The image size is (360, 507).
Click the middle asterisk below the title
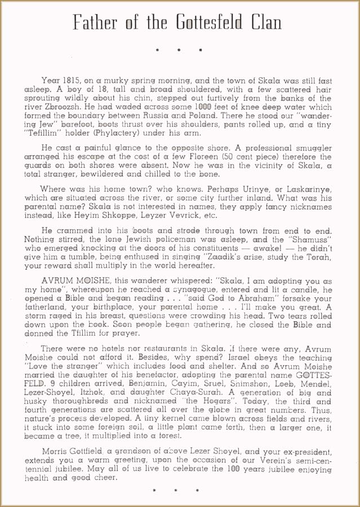[179, 50]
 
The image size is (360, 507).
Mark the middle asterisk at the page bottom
[179, 491]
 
